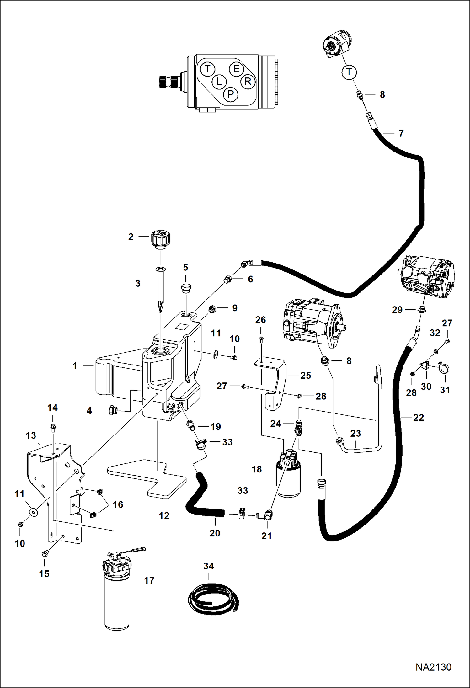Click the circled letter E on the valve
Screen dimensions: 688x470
tap(236, 69)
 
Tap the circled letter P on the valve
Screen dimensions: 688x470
tap(231, 94)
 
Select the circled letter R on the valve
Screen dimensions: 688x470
tap(248, 82)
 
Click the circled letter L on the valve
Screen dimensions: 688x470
tap(219, 82)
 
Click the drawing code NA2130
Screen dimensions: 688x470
tap(433, 667)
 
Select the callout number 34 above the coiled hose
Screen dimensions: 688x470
tap(209, 566)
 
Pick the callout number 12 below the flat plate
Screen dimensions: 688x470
tap(164, 515)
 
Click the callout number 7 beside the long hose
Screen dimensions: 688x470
tap(401, 134)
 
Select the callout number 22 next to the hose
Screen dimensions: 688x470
tap(419, 418)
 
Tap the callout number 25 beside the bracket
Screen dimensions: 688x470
tap(306, 376)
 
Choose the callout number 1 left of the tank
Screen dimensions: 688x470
tap(75, 366)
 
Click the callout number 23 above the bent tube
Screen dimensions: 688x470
tap(355, 433)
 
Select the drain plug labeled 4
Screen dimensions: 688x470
tap(112, 410)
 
